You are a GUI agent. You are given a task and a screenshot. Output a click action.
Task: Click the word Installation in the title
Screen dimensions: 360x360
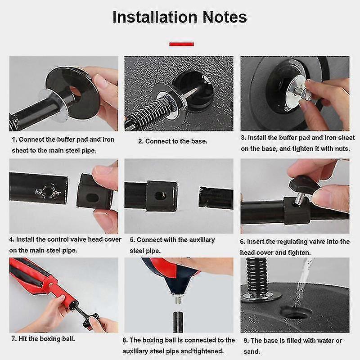155,17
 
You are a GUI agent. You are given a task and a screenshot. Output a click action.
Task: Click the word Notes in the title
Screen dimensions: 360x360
225,17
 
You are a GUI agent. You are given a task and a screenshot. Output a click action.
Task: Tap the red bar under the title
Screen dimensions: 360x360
182,44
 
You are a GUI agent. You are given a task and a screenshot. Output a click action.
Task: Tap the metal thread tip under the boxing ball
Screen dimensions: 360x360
178,299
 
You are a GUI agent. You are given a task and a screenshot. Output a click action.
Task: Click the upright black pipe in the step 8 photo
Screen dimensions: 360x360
178,322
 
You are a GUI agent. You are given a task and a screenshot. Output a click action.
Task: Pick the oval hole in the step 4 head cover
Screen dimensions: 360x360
93,197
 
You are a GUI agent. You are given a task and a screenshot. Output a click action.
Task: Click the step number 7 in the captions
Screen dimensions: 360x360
14,339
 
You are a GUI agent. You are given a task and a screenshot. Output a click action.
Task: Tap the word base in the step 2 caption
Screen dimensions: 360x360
199,141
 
